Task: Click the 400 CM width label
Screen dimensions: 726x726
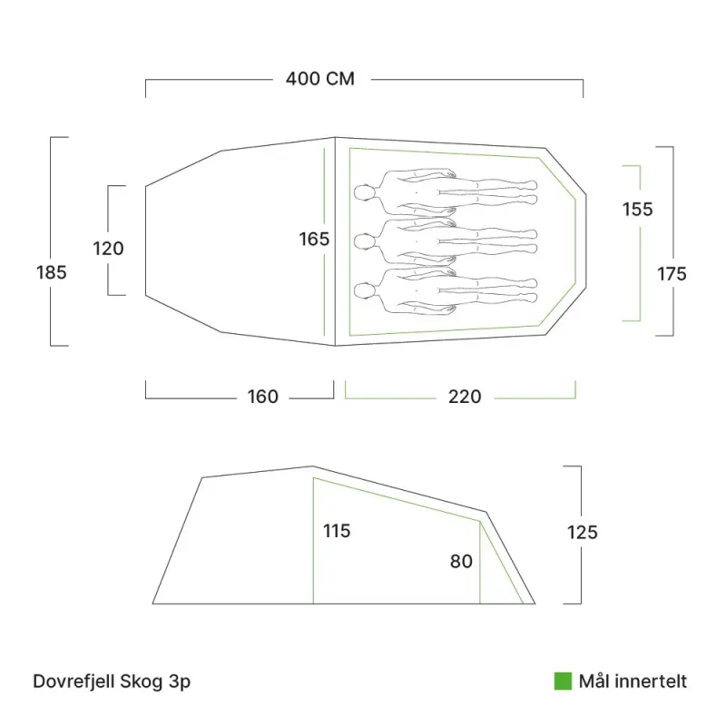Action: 319,79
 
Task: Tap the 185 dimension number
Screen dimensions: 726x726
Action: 52,272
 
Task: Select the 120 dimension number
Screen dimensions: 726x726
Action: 108,248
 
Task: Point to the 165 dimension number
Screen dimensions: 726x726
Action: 314,240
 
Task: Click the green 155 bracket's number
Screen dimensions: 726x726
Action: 637,210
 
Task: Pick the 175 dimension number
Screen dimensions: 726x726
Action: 672,273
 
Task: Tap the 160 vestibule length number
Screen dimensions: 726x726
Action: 263,397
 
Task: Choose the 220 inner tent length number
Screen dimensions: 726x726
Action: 466,397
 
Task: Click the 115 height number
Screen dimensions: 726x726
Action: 337,531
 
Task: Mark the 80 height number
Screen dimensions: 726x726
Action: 461,562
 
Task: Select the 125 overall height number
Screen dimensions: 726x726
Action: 582,533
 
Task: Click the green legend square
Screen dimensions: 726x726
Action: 563,682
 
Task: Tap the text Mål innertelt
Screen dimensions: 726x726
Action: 633,682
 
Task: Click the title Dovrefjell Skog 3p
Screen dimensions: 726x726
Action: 112,682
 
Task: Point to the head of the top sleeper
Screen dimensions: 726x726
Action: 364,192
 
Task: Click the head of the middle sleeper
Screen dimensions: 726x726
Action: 364,241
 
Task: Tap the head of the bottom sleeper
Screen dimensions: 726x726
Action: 364,291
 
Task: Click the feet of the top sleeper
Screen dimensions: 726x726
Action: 533,191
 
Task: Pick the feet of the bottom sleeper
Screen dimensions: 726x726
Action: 533,289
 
